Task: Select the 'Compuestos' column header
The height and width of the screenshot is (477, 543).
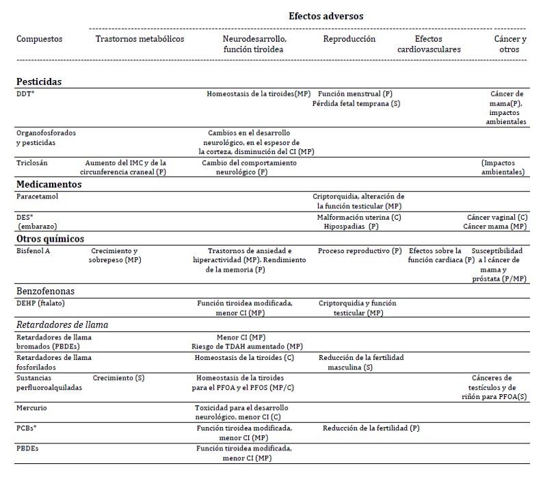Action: click(39, 39)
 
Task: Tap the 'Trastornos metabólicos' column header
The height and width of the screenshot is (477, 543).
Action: click(140, 39)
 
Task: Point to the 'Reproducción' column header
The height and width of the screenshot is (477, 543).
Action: click(349, 39)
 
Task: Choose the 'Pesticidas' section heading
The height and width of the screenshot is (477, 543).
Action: click(39, 81)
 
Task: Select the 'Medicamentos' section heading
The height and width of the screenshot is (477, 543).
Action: click(49, 184)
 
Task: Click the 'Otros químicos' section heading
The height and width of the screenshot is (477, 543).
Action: click(50, 239)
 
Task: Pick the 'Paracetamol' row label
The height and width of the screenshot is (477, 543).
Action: click(37, 196)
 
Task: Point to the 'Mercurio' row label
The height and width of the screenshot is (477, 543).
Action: click(32, 407)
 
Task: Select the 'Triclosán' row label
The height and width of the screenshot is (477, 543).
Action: click(32, 163)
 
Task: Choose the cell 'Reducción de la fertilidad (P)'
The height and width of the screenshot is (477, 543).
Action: click(371, 428)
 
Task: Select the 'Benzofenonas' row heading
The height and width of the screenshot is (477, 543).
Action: click(47, 291)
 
